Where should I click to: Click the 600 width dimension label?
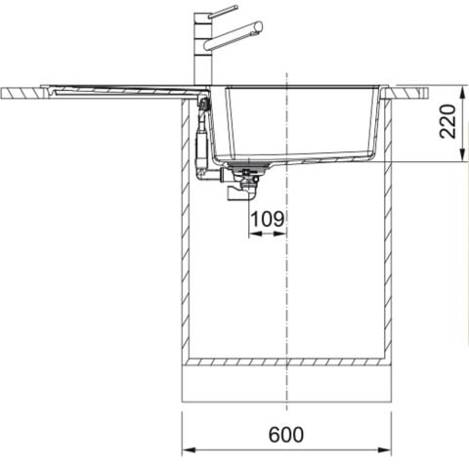(x=286, y=434)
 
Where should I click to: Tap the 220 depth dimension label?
(x=448, y=121)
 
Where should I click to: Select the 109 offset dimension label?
(x=268, y=219)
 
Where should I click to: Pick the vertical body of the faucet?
(x=203, y=49)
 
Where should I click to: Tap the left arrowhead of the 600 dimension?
(x=189, y=449)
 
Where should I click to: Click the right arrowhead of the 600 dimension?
(x=384, y=449)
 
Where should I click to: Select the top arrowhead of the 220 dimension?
(x=462, y=93)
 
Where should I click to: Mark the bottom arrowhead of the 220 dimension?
(x=462, y=154)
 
